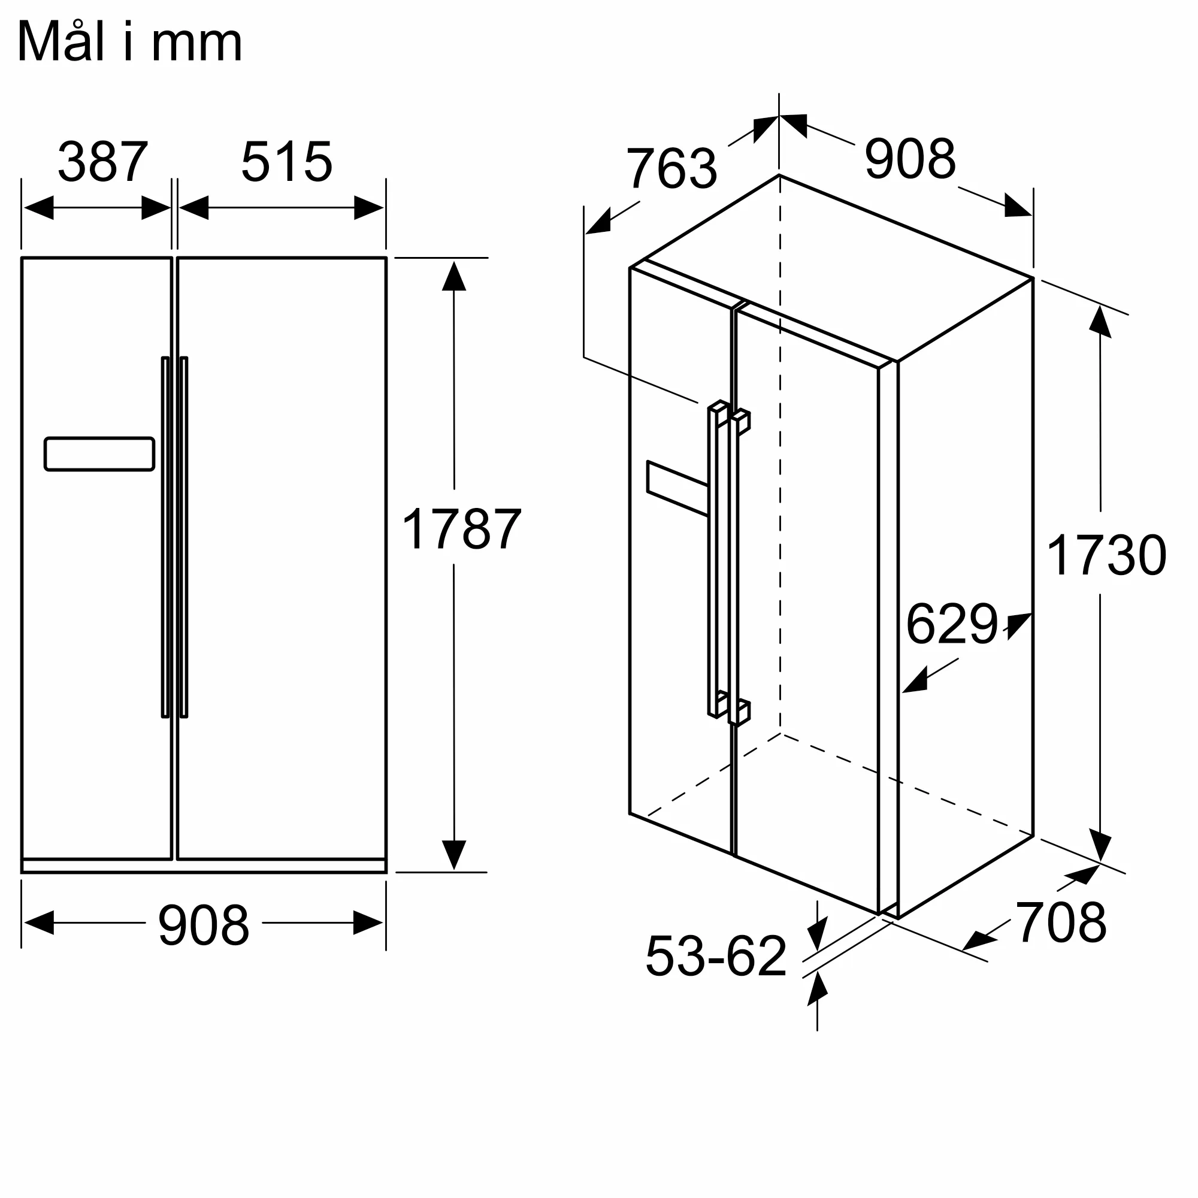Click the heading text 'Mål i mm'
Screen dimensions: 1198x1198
[129, 42]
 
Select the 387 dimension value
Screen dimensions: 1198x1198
[103, 162]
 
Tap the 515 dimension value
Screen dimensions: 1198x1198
[286, 162]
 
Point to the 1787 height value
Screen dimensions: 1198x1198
[461, 529]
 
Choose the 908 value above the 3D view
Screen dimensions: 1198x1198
[910, 159]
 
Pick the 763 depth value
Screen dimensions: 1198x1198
[671, 168]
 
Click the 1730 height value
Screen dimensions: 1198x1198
[1106, 555]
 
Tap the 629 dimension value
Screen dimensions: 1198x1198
[952, 624]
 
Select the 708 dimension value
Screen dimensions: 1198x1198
[1061, 922]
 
